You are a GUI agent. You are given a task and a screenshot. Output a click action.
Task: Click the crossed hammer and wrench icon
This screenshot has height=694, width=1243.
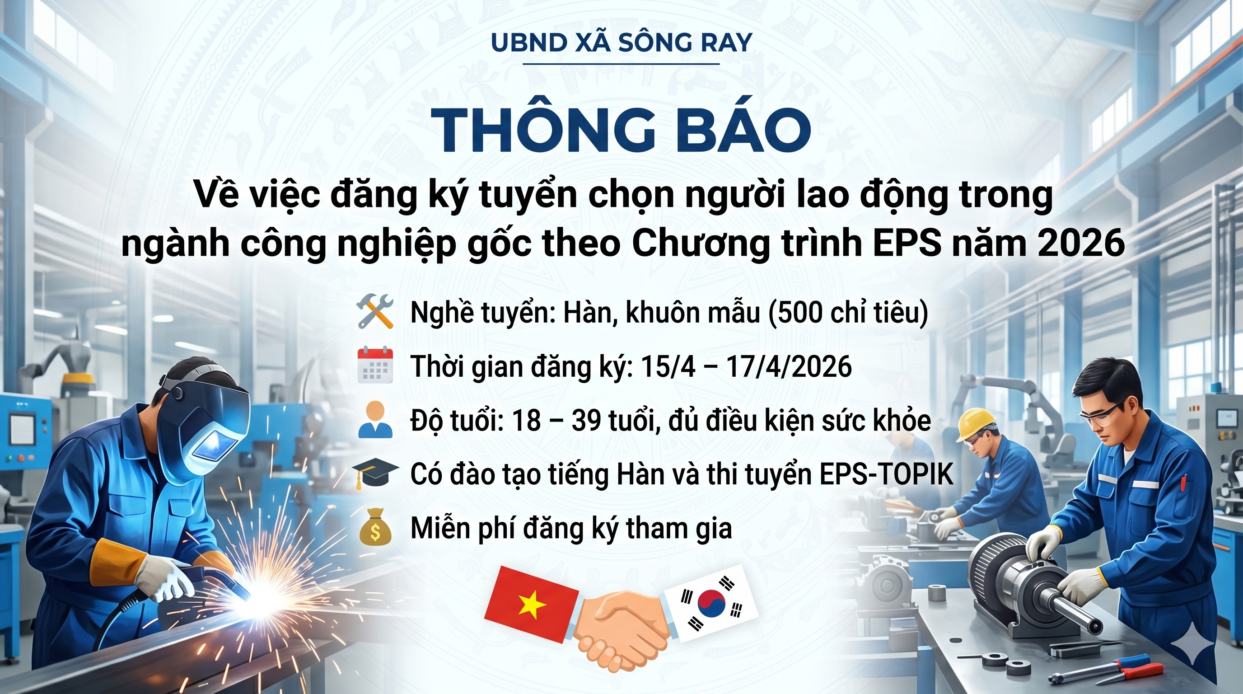click(x=375, y=313)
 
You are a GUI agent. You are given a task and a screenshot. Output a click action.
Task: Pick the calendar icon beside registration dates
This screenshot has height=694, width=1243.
click(x=375, y=366)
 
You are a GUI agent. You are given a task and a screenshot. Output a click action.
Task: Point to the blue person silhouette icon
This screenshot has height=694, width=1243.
click(x=375, y=420)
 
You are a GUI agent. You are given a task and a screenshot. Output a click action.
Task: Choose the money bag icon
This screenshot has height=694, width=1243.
click(x=375, y=528)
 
